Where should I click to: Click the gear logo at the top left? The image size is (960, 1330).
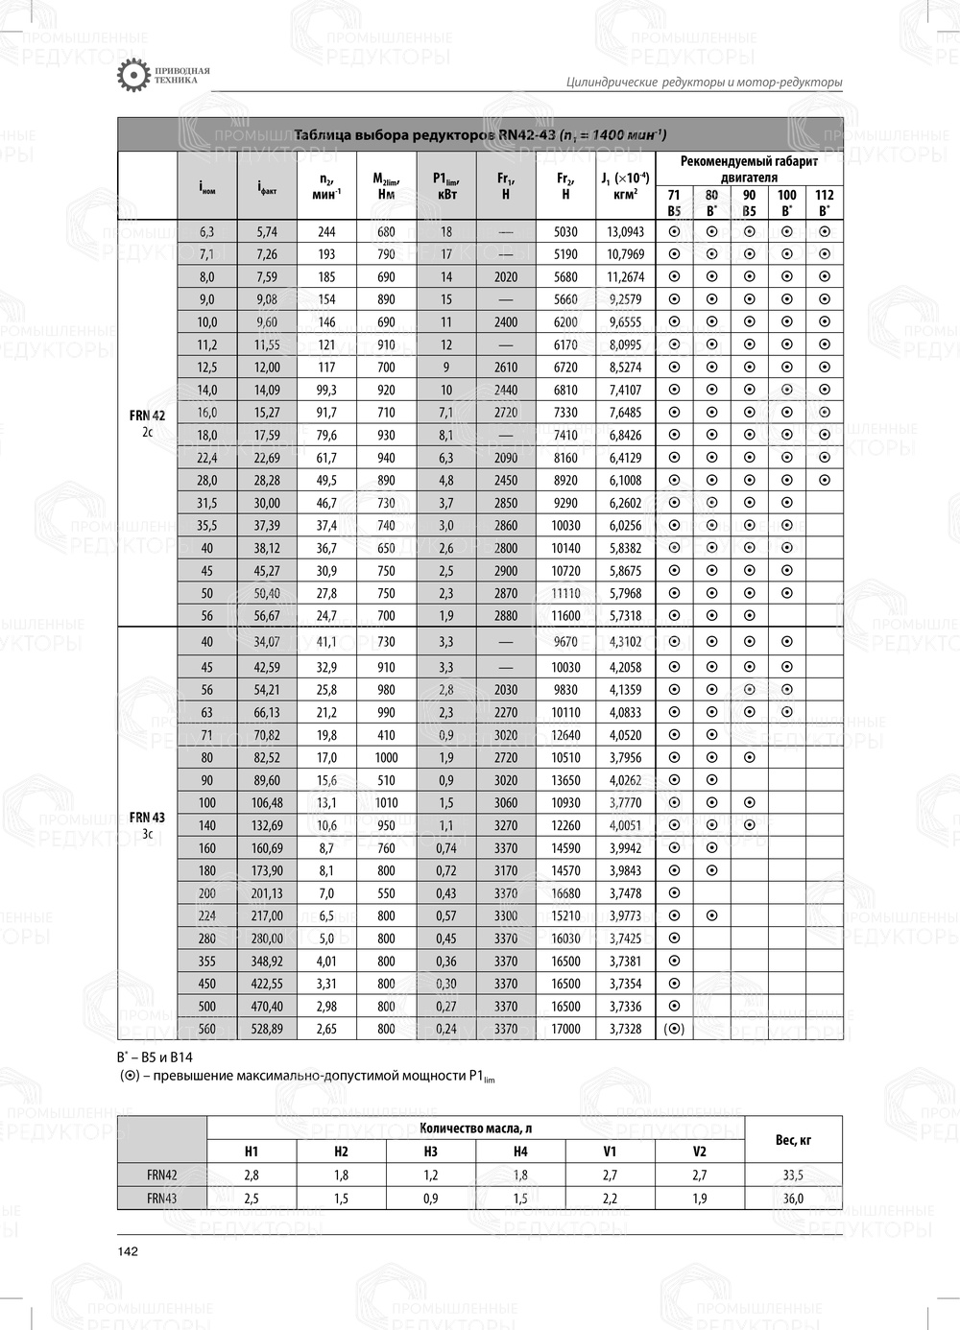(132, 76)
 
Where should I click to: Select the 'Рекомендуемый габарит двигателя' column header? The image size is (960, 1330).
(749, 169)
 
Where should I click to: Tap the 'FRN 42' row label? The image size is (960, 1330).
(147, 416)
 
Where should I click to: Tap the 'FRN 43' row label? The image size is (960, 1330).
(147, 818)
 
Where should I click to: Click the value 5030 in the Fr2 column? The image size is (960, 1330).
(565, 231)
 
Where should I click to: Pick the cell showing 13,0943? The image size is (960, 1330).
(625, 231)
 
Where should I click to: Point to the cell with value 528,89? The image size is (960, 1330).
(267, 1029)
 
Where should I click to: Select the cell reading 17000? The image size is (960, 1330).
(565, 1029)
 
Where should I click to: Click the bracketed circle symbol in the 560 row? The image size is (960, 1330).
(674, 1029)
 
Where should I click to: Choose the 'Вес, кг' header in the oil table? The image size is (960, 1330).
(793, 1139)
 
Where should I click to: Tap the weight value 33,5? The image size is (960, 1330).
(793, 1175)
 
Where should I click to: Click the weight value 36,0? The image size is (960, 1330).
(793, 1199)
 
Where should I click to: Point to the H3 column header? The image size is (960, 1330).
(430, 1152)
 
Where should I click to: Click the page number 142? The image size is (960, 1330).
(128, 1251)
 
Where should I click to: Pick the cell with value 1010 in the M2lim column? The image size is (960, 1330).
(386, 802)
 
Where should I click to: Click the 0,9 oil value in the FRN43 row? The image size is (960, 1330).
(430, 1199)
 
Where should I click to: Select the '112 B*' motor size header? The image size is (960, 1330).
(824, 202)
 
